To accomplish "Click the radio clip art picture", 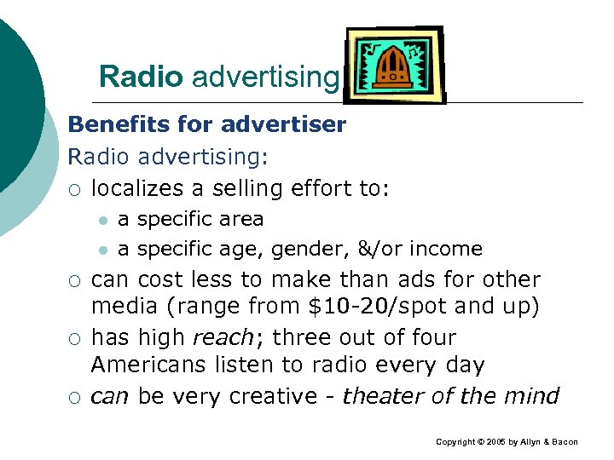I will (x=393, y=65).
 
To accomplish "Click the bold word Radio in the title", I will (x=141, y=78).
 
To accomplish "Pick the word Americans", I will (x=147, y=366).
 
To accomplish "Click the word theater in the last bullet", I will (x=382, y=396).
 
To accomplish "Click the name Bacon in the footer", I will (x=562, y=442).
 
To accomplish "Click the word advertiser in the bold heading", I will (x=285, y=125).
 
